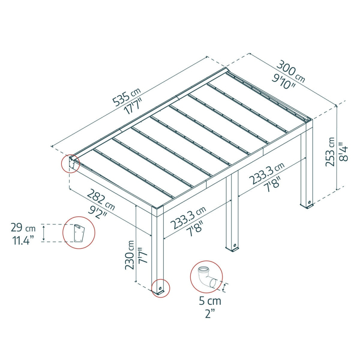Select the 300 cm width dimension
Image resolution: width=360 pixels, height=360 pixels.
coord(291,71)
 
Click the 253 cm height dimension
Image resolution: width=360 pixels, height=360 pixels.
coord(330,152)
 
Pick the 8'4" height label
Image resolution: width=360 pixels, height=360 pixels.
coord(343,152)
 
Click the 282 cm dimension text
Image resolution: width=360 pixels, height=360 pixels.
coord(100,199)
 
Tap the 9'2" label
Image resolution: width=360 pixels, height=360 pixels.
coord(98,212)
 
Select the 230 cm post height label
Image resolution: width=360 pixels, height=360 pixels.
coord(130,255)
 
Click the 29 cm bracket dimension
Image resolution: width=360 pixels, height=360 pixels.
coord(23,228)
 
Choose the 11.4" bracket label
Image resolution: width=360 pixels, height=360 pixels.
coord(23,240)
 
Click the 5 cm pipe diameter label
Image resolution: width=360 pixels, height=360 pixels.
coord(210,301)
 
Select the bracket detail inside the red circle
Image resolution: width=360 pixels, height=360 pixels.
coord(79,233)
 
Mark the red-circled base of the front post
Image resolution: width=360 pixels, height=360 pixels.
coord(161,288)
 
